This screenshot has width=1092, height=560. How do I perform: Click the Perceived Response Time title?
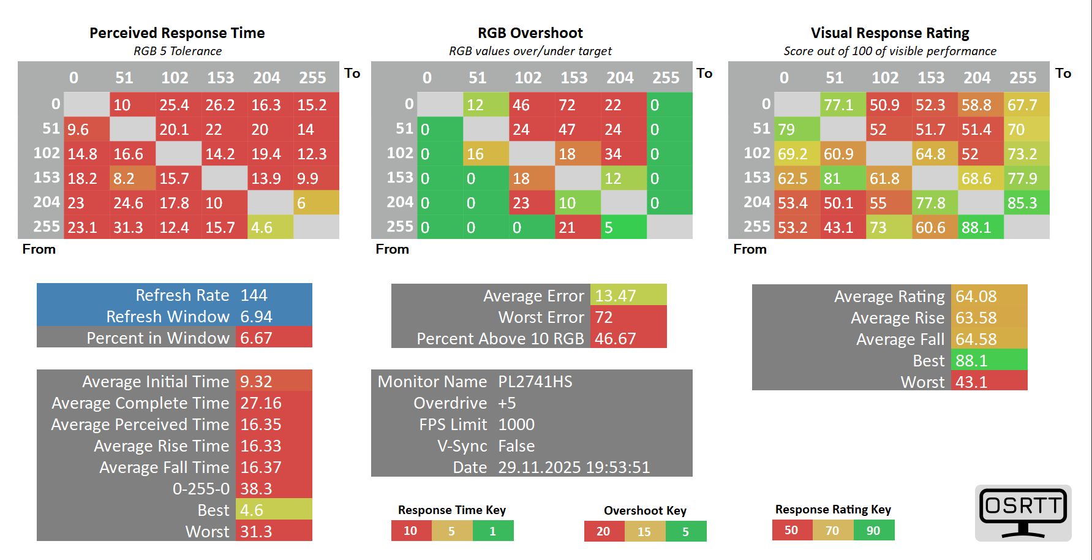pos(177,33)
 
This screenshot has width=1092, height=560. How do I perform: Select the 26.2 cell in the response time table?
pos(220,105)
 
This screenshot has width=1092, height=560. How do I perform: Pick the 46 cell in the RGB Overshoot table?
pos(521,105)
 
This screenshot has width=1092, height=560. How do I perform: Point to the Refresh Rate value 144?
pos(254,295)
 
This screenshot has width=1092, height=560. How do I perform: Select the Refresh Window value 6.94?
pos(256,317)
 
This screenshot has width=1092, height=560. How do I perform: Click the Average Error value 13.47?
pos(616,296)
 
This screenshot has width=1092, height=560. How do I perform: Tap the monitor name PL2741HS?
pos(535,382)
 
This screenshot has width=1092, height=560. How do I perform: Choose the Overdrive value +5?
pos(507,403)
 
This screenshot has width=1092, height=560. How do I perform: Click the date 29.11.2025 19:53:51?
pos(574,467)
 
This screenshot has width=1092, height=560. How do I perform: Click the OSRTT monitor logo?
pos(1023,512)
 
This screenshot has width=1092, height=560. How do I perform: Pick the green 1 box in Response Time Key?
pos(492,531)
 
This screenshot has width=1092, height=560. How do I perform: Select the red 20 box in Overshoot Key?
pos(603,531)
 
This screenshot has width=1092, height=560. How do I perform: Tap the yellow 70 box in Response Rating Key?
pos(832,531)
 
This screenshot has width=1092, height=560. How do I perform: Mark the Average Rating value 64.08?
pos(976,297)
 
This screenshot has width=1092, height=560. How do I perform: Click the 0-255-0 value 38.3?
pos(256,489)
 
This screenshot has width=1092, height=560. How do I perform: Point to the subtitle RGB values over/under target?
pos(530,51)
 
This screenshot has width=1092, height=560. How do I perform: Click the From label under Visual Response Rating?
pos(750,249)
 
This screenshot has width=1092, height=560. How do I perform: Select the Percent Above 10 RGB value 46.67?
pos(616,339)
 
